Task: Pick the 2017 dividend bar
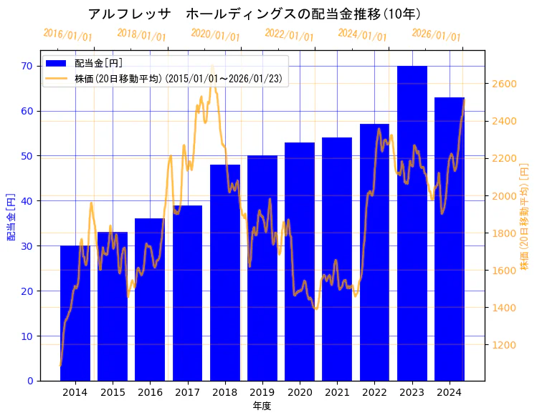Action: click(187, 293)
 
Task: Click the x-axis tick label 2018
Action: click(224, 392)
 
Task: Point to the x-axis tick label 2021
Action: click(337, 392)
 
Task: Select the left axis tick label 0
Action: click(31, 381)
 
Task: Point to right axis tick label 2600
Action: click(505, 84)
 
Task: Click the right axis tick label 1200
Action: click(505, 345)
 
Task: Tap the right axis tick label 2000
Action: click(505, 195)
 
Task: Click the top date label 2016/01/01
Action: click(67, 34)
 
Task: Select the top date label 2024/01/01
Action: click(362, 34)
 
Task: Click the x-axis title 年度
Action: click(262, 406)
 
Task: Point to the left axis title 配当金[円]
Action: click(11, 216)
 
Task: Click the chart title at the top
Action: click(255, 14)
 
